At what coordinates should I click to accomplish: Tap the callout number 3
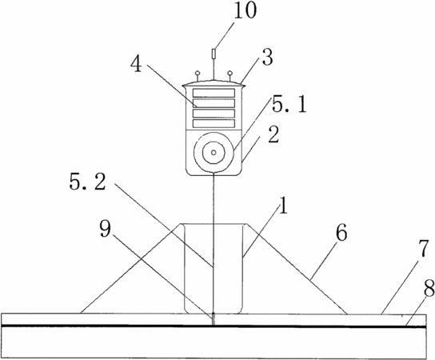267,58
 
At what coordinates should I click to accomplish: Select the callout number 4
137,64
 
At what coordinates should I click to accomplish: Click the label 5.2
88,183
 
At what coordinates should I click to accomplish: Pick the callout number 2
273,135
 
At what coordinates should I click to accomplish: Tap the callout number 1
283,206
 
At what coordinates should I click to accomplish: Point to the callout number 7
424,250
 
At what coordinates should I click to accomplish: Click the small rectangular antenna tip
214,54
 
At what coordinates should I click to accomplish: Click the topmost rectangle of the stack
214,93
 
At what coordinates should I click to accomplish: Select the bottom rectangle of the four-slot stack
214,123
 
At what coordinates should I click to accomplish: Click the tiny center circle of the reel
214,152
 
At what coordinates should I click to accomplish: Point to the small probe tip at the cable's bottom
214,318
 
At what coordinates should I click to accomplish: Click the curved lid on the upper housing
214,83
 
